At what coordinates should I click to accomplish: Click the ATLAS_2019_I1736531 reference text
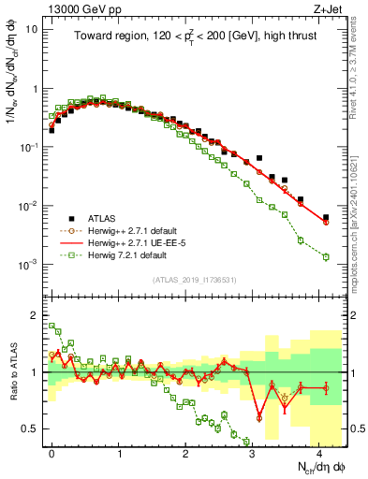pyautogui.click(x=194, y=280)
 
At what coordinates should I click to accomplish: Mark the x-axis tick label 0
pyautogui.click(x=52, y=452)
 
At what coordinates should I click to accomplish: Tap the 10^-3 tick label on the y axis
pyautogui.click(x=27, y=265)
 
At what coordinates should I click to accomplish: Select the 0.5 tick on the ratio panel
pyautogui.click(x=28, y=429)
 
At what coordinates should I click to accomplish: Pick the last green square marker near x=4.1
pyautogui.click(x=326, y=256)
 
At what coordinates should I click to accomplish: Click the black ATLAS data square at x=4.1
pyautogui.click(x=326, y=217)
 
